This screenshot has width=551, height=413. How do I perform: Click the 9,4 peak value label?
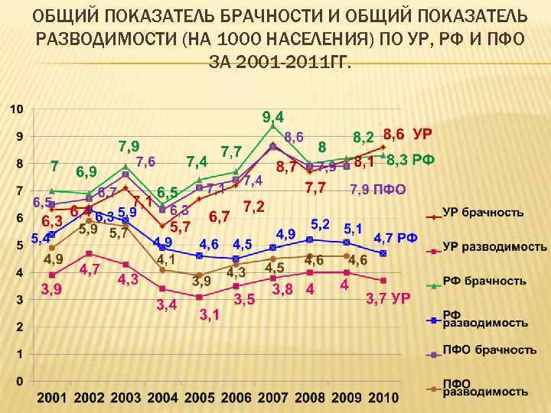pos(273,117)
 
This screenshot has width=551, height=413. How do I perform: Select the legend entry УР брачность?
pos(483,212)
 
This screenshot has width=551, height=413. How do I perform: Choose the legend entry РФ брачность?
pos(484,281)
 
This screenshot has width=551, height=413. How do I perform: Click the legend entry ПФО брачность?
pos(489,349)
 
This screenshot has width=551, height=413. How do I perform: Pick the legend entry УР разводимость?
pos(494,246)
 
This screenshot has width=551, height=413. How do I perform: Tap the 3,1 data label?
pos(209,314)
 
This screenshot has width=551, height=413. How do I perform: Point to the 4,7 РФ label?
pos(395,238)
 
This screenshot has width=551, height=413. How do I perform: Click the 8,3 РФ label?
pos(411,161)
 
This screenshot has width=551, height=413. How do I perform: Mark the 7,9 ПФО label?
pos(377,189)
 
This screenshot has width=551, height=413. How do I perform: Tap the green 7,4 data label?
pos(197,162)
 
